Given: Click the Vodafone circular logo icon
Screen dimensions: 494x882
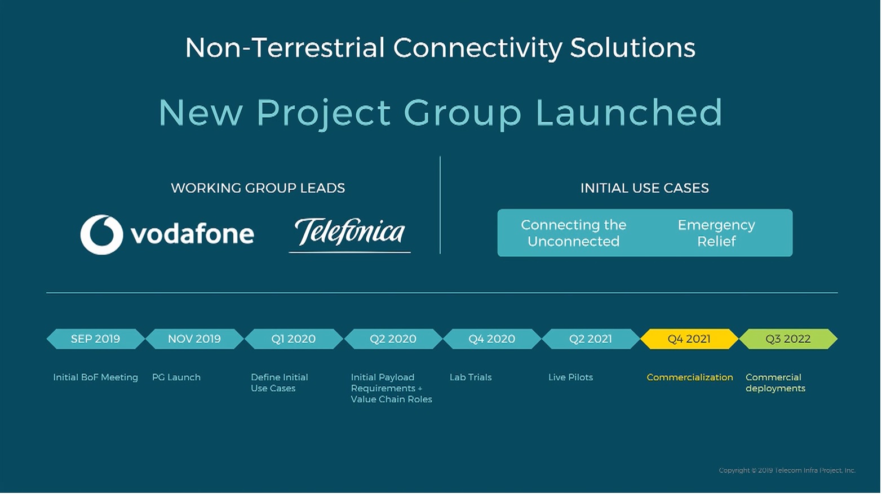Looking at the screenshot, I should click(x=101, y=234).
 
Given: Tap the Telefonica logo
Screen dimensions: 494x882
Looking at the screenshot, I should click(x=349, y=233).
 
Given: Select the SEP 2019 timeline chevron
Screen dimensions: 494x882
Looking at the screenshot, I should click(x=95, y=339).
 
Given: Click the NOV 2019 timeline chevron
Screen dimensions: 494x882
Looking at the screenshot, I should click(x=194, y=339).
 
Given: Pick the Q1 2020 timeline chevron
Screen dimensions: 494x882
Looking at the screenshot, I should click(x=294, y=339).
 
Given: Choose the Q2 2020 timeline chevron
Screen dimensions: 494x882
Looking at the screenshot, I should click(x=393, y=339).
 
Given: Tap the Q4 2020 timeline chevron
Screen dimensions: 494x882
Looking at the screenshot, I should click(x=491, y=339).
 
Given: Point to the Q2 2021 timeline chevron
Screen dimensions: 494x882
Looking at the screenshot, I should click(x=590, y=339).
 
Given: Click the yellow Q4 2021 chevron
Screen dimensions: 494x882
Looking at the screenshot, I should click(x=689, y=339).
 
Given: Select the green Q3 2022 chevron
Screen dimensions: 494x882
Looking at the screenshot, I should click(x=788, y=339).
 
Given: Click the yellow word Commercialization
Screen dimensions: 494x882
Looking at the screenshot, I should click(x=690, y=377).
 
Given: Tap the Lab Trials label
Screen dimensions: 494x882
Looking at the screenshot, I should click(x=471, y=377).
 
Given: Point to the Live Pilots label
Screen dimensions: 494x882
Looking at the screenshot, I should click(x=570, y=377).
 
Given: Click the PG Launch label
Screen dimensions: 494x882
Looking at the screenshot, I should click(x=176, y=377).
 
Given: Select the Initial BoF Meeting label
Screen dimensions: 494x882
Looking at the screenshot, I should click(x=95, y=377).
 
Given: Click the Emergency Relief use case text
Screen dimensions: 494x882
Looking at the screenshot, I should click(x=716, y=233).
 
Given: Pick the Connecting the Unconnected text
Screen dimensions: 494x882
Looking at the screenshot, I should click(x=573, y=233).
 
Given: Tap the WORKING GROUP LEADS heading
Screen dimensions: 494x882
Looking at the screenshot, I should click(x=258, y=188).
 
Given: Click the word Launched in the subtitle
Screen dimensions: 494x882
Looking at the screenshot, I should click(x=629, y=113).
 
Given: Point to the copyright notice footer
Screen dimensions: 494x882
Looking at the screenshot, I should click(x=787, y=470).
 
